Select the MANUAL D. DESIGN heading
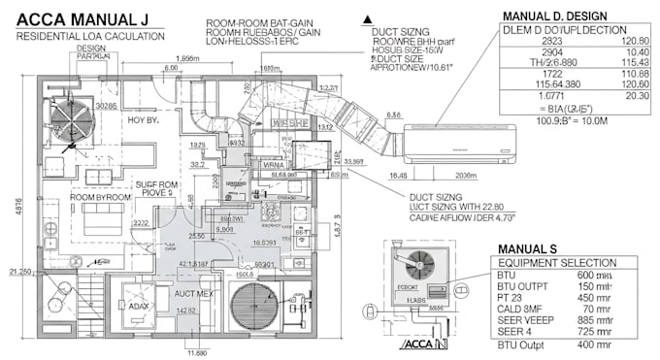click(x=554, y=16)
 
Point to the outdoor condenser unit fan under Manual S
click(x=418, y=261)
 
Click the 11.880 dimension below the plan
click(x=197, y=352)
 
